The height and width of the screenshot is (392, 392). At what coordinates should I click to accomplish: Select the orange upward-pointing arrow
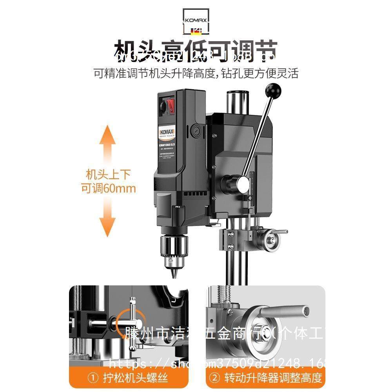pyautogui.click(x=108, y=145)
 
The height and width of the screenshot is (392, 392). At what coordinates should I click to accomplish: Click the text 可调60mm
pyautogui.click(x=108, y=188)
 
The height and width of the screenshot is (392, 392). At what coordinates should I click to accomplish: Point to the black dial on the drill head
pyautogui.click(x=162, y=106)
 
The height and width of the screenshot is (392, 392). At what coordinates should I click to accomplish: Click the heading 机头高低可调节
pyautogui.click(x=196, y=51)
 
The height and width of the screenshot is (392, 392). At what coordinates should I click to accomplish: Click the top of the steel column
pyautogui.click(x=237, y=94)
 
